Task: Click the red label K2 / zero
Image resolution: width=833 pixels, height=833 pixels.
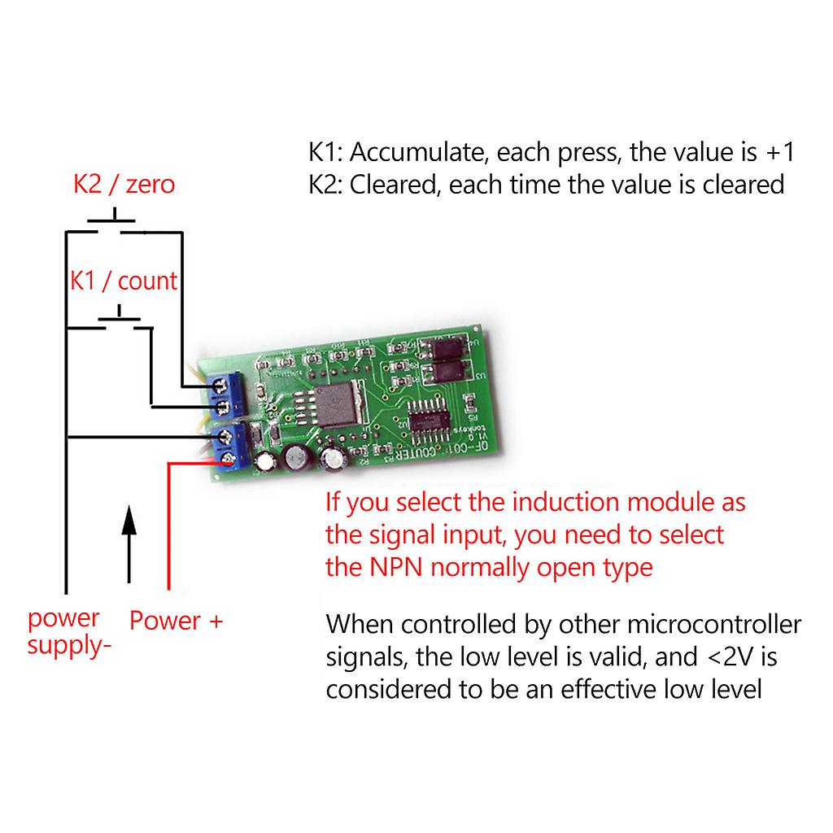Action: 124,184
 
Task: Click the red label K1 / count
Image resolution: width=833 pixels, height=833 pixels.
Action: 123,281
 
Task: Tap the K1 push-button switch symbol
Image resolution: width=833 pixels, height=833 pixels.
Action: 120,319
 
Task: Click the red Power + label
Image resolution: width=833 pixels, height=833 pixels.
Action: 176,621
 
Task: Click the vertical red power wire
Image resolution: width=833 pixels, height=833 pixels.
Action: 168,529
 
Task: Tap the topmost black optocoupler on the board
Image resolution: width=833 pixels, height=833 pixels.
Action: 444,347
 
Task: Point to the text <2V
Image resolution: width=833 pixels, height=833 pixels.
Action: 726,656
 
